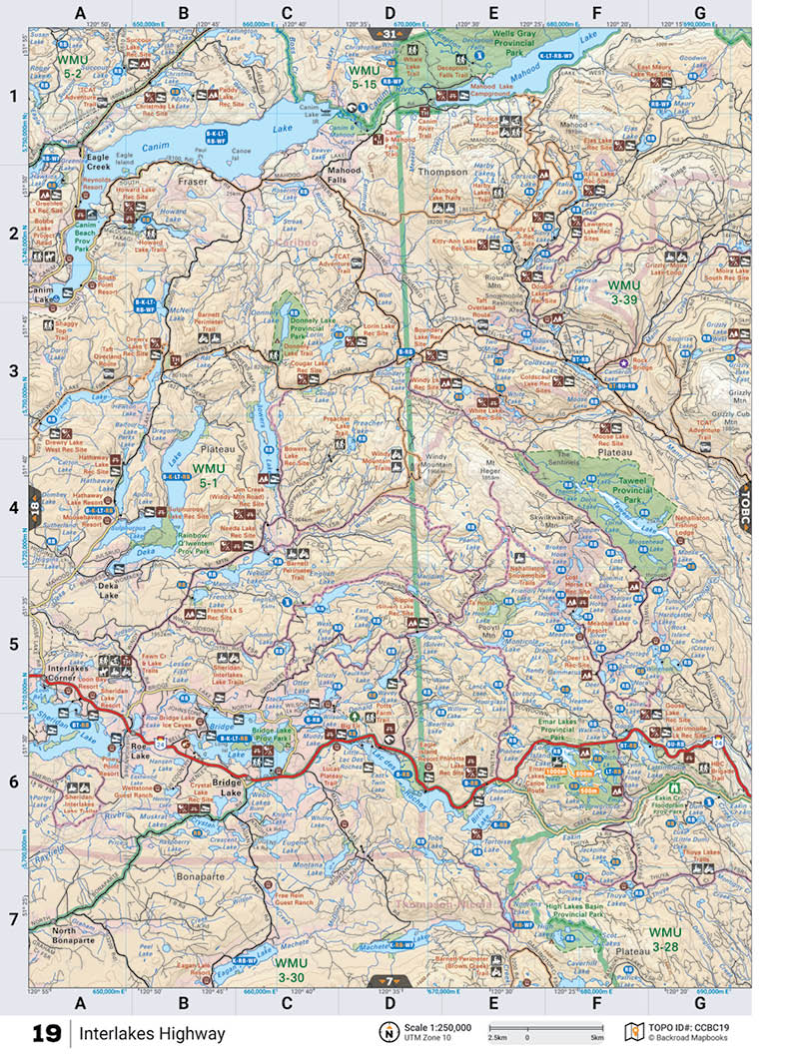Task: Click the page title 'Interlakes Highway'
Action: pos(153,1033)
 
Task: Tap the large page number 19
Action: pos(46,1033)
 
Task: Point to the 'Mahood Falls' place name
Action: pos(345,177)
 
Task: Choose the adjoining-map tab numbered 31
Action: pos(389,34)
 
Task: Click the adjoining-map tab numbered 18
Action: pos(32,508)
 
